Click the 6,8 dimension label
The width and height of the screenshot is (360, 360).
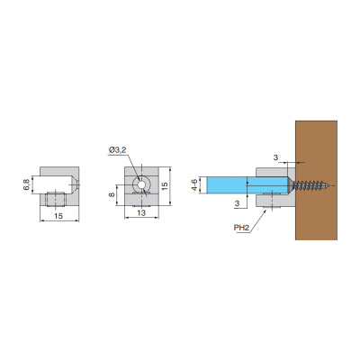tap(26, 184)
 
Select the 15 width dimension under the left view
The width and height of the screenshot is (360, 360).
tap(58, 216)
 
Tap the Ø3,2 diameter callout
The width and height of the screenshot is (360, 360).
tap(118, 150)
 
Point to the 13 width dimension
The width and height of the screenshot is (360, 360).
tap(141, 212)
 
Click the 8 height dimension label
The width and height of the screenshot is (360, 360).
tap(112, 195)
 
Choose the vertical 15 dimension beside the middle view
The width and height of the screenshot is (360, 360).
tap(165, 185)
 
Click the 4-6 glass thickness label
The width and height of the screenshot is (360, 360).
tap(194, 185)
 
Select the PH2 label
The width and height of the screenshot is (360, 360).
tap(241, 228)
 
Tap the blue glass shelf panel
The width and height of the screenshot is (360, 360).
tap(247, 185)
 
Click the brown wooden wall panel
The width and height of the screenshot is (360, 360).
tap(316, 180)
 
